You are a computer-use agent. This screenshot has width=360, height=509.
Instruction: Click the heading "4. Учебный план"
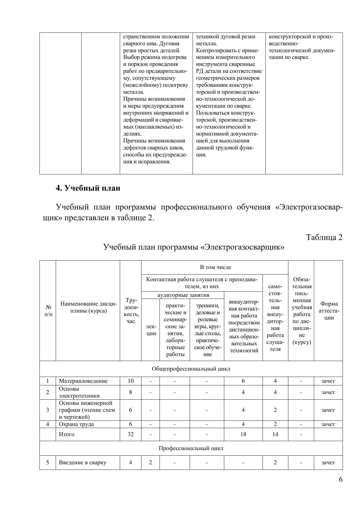[x=88, y=188]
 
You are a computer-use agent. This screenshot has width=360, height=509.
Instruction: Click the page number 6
[x=341, y=479]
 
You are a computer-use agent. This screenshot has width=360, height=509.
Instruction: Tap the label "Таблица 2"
[x=324, y=237]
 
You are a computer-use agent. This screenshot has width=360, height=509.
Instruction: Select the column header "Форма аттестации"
[x=329, y=311]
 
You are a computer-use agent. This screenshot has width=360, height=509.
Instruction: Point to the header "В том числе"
[x=215, y=267]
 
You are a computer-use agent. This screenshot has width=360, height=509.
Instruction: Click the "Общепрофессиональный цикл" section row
[x=191, y=369]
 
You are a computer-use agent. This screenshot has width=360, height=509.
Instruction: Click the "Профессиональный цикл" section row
[x=191, y=448]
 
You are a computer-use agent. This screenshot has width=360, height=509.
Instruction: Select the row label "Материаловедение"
[x=83, y=381]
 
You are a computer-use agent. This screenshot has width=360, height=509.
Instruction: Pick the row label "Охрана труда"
[x=76, y=424]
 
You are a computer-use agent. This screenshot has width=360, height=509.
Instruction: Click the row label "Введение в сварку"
[x=82, y=463]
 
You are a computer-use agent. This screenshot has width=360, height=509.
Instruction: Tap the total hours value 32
[x=131, y=434]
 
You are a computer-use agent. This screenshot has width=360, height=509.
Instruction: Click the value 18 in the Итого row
[x=243, y=434]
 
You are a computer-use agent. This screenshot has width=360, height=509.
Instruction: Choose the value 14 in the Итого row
[x=275, y=434]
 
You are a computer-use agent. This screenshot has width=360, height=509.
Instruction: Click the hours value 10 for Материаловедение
[x=131, y=381]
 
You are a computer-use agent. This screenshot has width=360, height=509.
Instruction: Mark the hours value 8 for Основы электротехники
[x=131, y=392]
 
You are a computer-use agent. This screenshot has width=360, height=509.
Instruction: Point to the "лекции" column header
[x=151, y=330]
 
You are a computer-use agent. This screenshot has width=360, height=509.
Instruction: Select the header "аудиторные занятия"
[x=183, y=295]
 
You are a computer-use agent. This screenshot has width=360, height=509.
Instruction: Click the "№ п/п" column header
[x=48, y=311]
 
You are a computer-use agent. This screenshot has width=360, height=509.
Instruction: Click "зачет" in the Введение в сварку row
[x=328, y=463]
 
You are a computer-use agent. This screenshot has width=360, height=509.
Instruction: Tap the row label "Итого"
[x=67, y=434]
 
